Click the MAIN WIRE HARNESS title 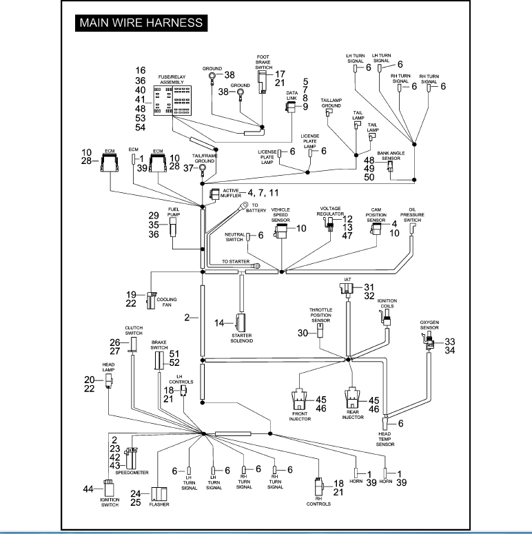(x=141, y=23)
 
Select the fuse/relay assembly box (x=172, y=101)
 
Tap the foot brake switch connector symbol (x=263, y=82)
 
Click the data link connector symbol (x=290, y=107)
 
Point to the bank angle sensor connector (x=390, y=165)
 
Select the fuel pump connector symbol (x=173, y=227)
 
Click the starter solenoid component (x=241, y=322)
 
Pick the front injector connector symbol (x=299, y=398)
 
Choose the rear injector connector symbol (x=352, y=398)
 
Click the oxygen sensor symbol (x=429, y=341)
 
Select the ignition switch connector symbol (x=109, y=489)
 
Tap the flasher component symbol (x=159, y=494)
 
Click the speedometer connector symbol (x=132, y=458)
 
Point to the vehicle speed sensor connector (x=280, y=231)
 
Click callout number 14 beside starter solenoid (x=219, y=322)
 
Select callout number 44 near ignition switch (x=88, y=489)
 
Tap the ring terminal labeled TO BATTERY (x=244, y=205)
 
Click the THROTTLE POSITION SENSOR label (x=320, y=315)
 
